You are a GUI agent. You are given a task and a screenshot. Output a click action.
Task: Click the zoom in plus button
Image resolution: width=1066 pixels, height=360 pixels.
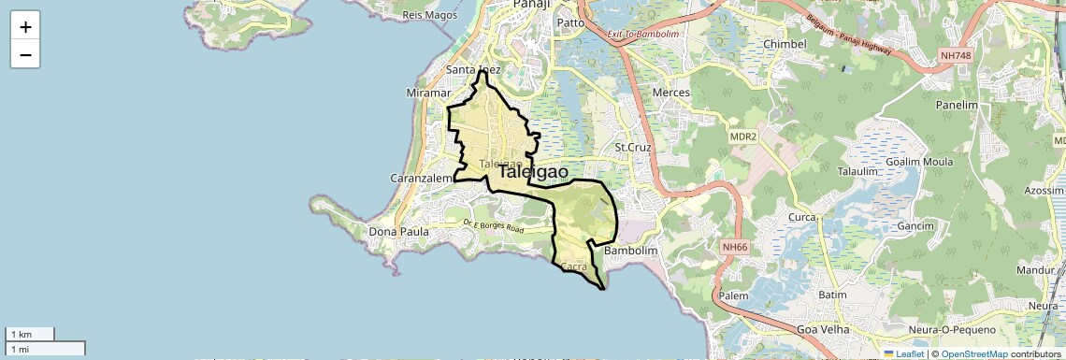coord(25,27)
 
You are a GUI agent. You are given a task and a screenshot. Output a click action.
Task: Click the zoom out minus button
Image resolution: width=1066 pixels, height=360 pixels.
coord(25,54)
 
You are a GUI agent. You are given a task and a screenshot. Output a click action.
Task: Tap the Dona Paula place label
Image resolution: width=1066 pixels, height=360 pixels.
coord(399,231)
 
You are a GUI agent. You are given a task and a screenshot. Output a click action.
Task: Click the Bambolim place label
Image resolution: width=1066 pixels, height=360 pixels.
coord(632,252)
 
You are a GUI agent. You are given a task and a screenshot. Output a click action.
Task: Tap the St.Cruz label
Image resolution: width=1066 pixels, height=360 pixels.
coord(632,147)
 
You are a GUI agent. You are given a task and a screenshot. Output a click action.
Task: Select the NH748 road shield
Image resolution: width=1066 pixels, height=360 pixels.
coord(956,56)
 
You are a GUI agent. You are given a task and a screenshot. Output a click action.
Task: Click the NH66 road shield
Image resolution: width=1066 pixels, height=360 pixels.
coord(735,247)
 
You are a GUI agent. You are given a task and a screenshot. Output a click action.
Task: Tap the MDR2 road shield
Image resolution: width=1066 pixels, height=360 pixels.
coord(742,137)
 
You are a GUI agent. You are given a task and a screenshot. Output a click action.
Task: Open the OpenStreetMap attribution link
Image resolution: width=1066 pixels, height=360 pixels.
coord(974,354)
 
